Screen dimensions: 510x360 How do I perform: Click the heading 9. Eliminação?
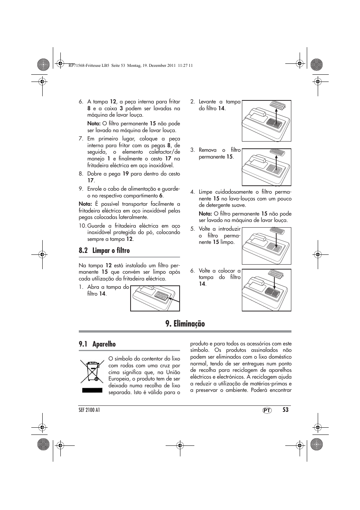185,324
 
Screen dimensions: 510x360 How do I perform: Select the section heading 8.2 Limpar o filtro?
104,251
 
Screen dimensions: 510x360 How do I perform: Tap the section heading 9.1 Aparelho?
97,344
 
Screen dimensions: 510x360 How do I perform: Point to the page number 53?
285,410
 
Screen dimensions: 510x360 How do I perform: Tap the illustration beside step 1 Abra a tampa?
155,298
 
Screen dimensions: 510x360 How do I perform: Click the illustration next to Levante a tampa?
266,121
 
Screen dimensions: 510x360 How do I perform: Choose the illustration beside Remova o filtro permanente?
266,166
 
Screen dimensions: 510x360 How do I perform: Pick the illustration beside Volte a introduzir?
266,246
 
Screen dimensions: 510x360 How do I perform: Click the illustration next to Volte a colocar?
266,290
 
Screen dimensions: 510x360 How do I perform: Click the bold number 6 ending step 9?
161,196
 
